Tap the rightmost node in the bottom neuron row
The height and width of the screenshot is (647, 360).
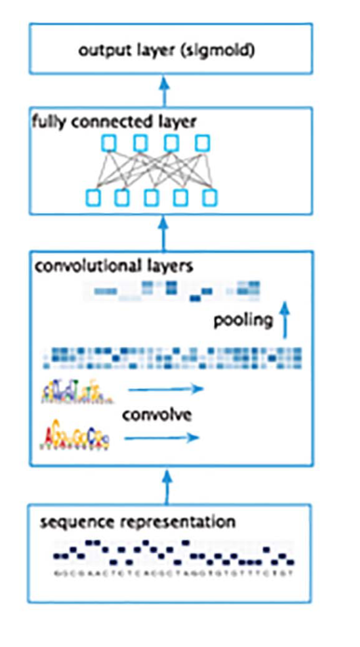click(211, 196)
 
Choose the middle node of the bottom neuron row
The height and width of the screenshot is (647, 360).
click(152, 196)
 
